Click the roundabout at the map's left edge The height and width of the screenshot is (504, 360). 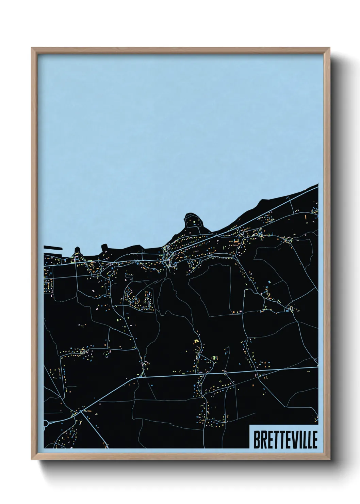45,424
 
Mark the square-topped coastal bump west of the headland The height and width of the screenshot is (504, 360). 104,246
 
